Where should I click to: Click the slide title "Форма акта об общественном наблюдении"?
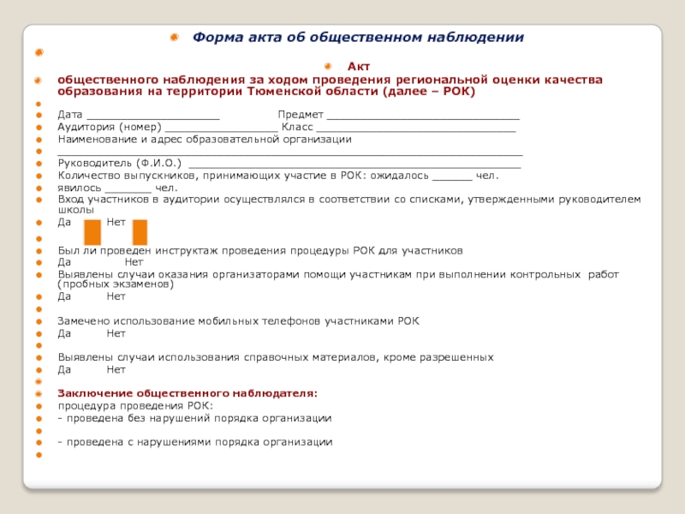(x=358, y=38)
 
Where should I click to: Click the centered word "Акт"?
(x=358, y=66)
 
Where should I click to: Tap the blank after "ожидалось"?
(x=452, y=177)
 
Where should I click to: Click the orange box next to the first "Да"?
(x=92, y=232)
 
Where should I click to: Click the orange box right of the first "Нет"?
(x=140, y=232)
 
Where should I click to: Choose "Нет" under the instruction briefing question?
(x=134, y=262)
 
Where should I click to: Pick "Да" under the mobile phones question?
(x=64, y=332)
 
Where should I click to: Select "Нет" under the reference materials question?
(x=116, y=369)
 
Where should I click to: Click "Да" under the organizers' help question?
(x=64, y=296)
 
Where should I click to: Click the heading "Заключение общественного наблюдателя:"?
(x=187, y=393)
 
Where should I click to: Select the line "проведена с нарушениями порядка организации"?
(x=198, y=442)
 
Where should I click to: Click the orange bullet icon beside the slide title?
(x=174, y=38)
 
